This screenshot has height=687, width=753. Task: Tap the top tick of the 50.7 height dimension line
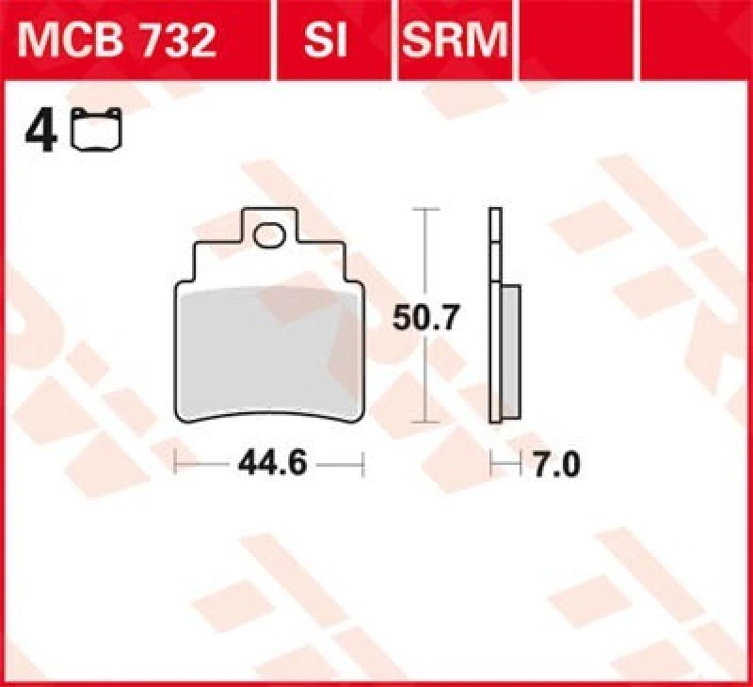pos(426,209)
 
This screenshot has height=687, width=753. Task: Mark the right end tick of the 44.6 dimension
pos(362,463)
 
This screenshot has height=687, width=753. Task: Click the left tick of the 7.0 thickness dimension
pos(491,463)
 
